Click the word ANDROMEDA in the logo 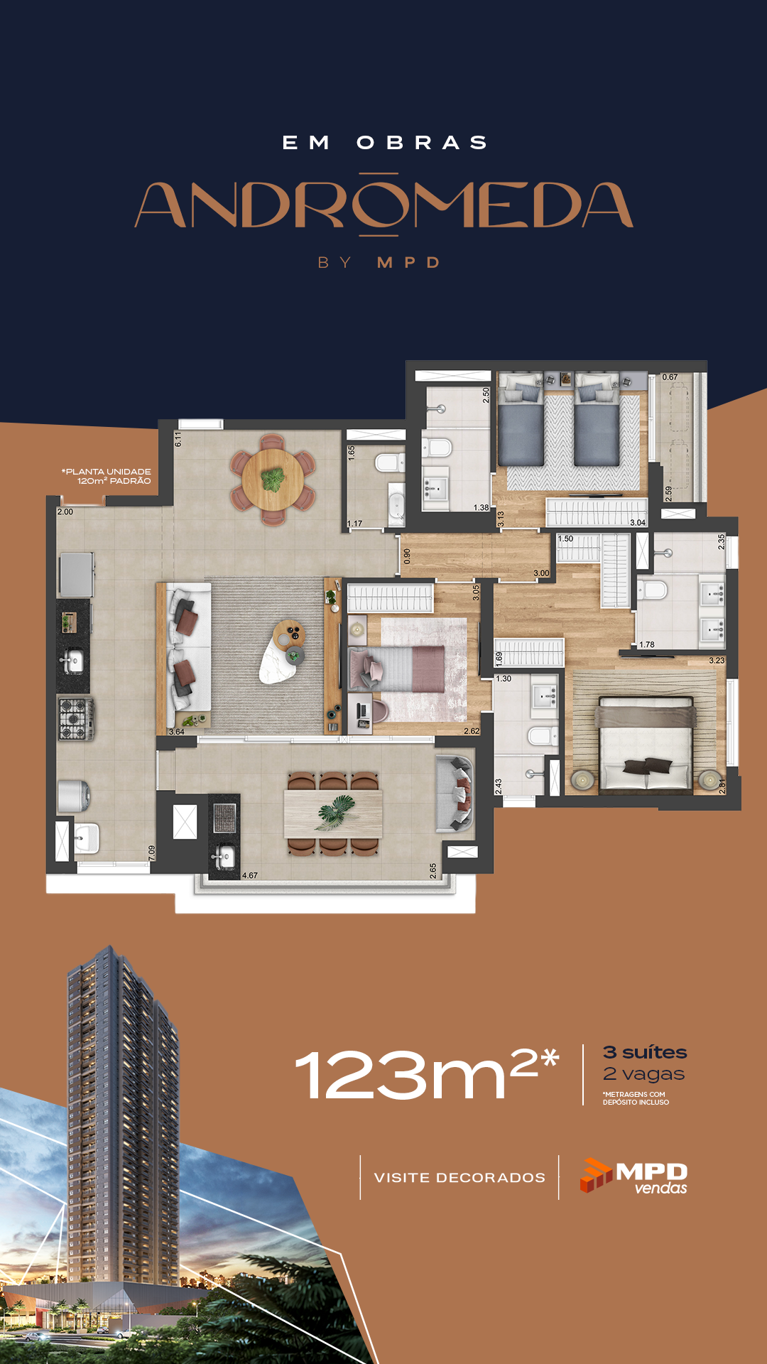[x=383, y=205]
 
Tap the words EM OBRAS [x=385, y=143]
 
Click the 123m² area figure [x=427, y=1073]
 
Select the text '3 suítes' [x=645, y=1052]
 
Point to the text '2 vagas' [x=643, y=1074]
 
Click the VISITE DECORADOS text [x=459, y=1177]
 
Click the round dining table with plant [x=273, y=480]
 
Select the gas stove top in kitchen [x=75, y=718]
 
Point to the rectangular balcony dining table [x=333, y=813]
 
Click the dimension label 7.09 [x=152, y=853]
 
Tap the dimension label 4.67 [x=250, y=875]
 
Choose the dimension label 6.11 [x=178, y=439]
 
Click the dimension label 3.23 [x=717, y=660]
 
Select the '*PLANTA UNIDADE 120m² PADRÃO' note [x=107, y=476]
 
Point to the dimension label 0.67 [x=670, y=377]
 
